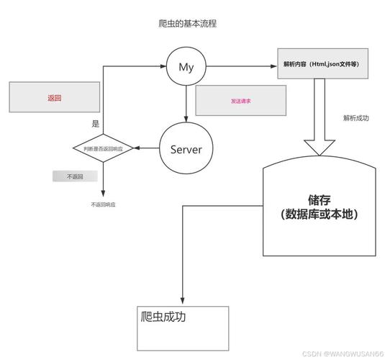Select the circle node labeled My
186,68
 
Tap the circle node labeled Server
186,149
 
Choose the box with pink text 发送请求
240,102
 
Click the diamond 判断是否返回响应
103,148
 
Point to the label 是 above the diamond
95,124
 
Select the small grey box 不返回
75,176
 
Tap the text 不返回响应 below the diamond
103,204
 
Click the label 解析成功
355,117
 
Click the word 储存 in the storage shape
320,199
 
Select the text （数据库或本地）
320,215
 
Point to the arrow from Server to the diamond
148,149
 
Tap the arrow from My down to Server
186,104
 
